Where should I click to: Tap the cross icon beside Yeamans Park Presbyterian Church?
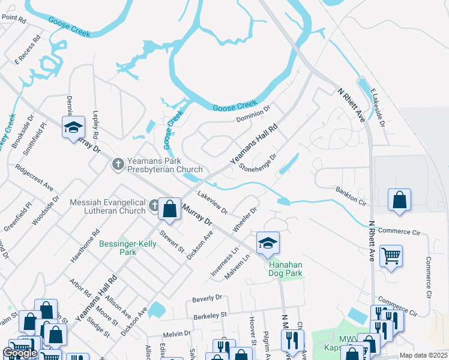click(118, 163)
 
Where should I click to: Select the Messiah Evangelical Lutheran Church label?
click(108, 206)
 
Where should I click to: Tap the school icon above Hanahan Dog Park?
click(268, 242)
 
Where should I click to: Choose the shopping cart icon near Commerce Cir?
click(391, 256)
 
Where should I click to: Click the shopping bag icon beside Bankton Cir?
click(399, 200)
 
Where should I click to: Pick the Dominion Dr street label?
click(253, 112)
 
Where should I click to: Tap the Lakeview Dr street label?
click(212, 203)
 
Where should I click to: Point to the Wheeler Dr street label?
click(245, 220)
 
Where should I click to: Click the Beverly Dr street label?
click(207, 298)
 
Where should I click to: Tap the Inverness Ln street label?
click(224, 262)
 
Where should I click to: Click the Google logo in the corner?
click(20, 353)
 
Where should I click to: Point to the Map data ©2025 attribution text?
click(423, 355)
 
